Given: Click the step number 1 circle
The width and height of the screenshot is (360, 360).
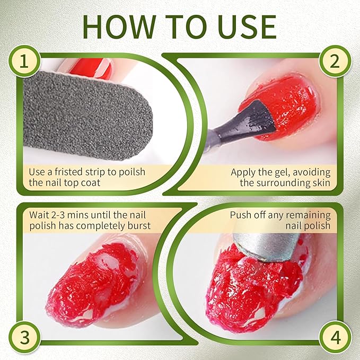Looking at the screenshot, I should click(x=23, y=63).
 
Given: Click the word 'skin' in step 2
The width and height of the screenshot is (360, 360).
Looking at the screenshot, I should click(x=320, y=183).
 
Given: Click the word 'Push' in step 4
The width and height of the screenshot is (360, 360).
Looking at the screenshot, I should click(x=241, y=215).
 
